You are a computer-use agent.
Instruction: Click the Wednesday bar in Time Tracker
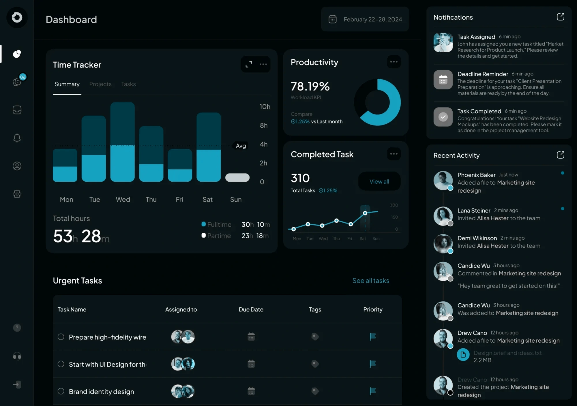[122, 142]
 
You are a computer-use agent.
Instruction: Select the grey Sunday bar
[237, 178]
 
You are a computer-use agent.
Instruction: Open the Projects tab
[100, 84]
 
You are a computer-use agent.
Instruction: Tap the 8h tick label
[263, 125]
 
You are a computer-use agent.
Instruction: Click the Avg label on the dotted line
[241, 146]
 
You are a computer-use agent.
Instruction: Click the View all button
[379, 181]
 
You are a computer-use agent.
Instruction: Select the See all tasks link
[370, 281]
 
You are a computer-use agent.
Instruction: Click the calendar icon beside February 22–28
[332, 19]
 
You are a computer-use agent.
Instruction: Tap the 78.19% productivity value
[310, 86]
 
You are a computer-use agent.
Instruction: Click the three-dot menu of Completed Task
[394, 154]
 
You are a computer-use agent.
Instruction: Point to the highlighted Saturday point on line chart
[365, 213]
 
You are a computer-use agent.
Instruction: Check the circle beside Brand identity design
[61, 391]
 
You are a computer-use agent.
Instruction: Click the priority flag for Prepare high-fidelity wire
[372, 337]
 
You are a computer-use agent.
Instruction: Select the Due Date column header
[251, 309]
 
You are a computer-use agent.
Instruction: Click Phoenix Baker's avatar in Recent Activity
[443, 181]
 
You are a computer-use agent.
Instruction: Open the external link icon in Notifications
[560, 17]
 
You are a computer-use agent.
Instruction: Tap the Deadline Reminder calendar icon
[443, 80]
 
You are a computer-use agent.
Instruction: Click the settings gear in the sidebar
[17, 194]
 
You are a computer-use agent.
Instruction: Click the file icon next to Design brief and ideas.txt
[463, 355]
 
